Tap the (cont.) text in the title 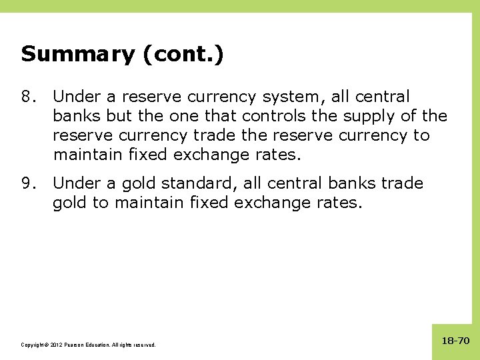click(x=182, y=54)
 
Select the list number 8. click(x=27, y=97)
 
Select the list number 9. click(x=27, y=183)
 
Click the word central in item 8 click(x=383, y=97)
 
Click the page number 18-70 click(x=455, y=341)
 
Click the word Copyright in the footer click(x=33, y=345)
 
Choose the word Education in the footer click(x=102, y=345)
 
